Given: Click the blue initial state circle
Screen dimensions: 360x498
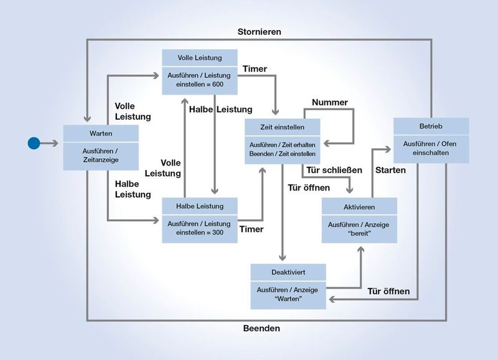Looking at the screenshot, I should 34,143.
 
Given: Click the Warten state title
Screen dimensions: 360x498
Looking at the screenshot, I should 100,133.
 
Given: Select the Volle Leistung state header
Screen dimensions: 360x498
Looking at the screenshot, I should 199,58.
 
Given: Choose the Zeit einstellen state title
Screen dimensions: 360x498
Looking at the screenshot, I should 283,127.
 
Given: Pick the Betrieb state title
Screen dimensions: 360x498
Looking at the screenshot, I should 430,127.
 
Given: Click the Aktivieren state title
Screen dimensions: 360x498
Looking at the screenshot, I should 359,207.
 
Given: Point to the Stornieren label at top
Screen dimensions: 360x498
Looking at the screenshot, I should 260,31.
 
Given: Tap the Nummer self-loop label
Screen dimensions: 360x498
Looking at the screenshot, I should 330,102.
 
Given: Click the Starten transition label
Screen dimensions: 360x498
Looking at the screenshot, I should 390,170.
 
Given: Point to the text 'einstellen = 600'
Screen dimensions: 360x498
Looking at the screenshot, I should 199,84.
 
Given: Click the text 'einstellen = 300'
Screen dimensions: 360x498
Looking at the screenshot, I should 199,232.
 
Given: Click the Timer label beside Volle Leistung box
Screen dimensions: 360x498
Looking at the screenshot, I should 254,69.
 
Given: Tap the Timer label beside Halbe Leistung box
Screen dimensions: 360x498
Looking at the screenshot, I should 251,229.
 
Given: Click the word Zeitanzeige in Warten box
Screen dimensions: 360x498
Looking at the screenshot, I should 100,159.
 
